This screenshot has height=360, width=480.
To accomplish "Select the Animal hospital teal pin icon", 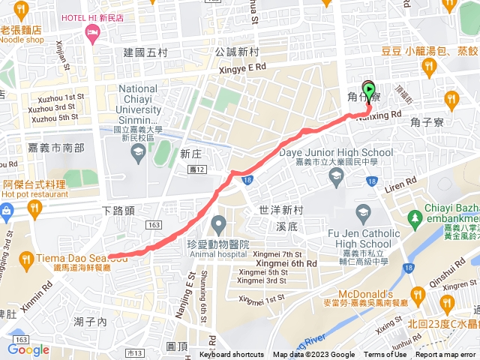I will pos(219,223).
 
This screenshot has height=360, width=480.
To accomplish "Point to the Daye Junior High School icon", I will pos(336,175).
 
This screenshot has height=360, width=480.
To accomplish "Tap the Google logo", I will pos(28,349).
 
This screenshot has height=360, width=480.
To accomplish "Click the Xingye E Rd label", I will pos(242,67).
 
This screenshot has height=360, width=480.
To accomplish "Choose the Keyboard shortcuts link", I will pos(231,355).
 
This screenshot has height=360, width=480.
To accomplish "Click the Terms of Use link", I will pos(385,355).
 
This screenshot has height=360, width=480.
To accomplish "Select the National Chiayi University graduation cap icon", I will pos(138,154).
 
